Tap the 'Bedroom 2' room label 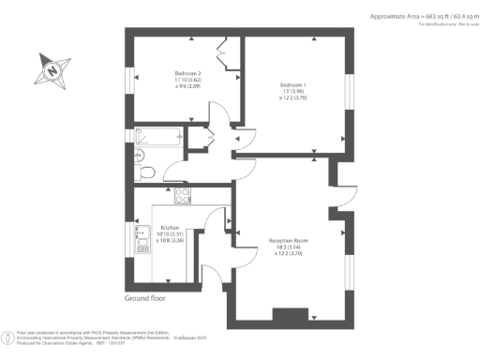point(188,72)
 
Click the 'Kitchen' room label point(169,228)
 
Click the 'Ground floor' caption point(145,299)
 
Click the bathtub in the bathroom point(161,136)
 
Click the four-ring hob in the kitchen point(182,196)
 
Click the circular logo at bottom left point(8,337)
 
